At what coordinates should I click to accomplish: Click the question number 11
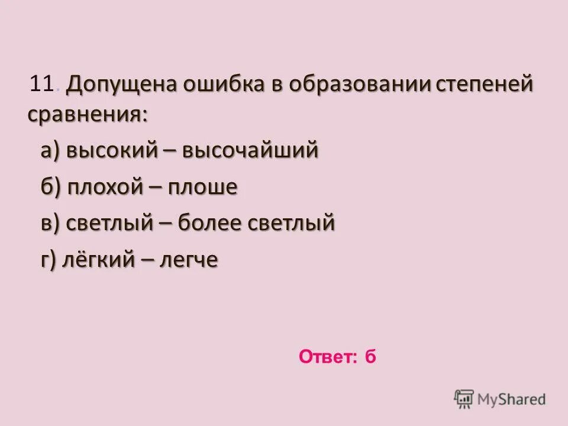pos(42,85)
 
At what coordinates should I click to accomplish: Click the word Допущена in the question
pos(121,85)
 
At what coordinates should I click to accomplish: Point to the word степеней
pos(485,85)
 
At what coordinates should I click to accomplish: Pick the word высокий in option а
pos(111,151)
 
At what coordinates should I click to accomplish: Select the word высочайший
pos(251,151)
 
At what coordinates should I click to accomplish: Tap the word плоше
pos(203,188)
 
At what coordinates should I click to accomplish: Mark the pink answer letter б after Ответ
pos(370,357)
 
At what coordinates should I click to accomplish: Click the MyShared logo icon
pos(464,399)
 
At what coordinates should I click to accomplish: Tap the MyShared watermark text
pos(512,399)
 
